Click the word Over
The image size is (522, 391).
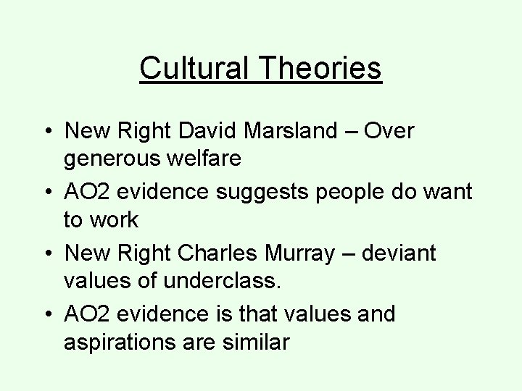click(390, 131)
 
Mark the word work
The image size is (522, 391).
click(115, 219)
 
